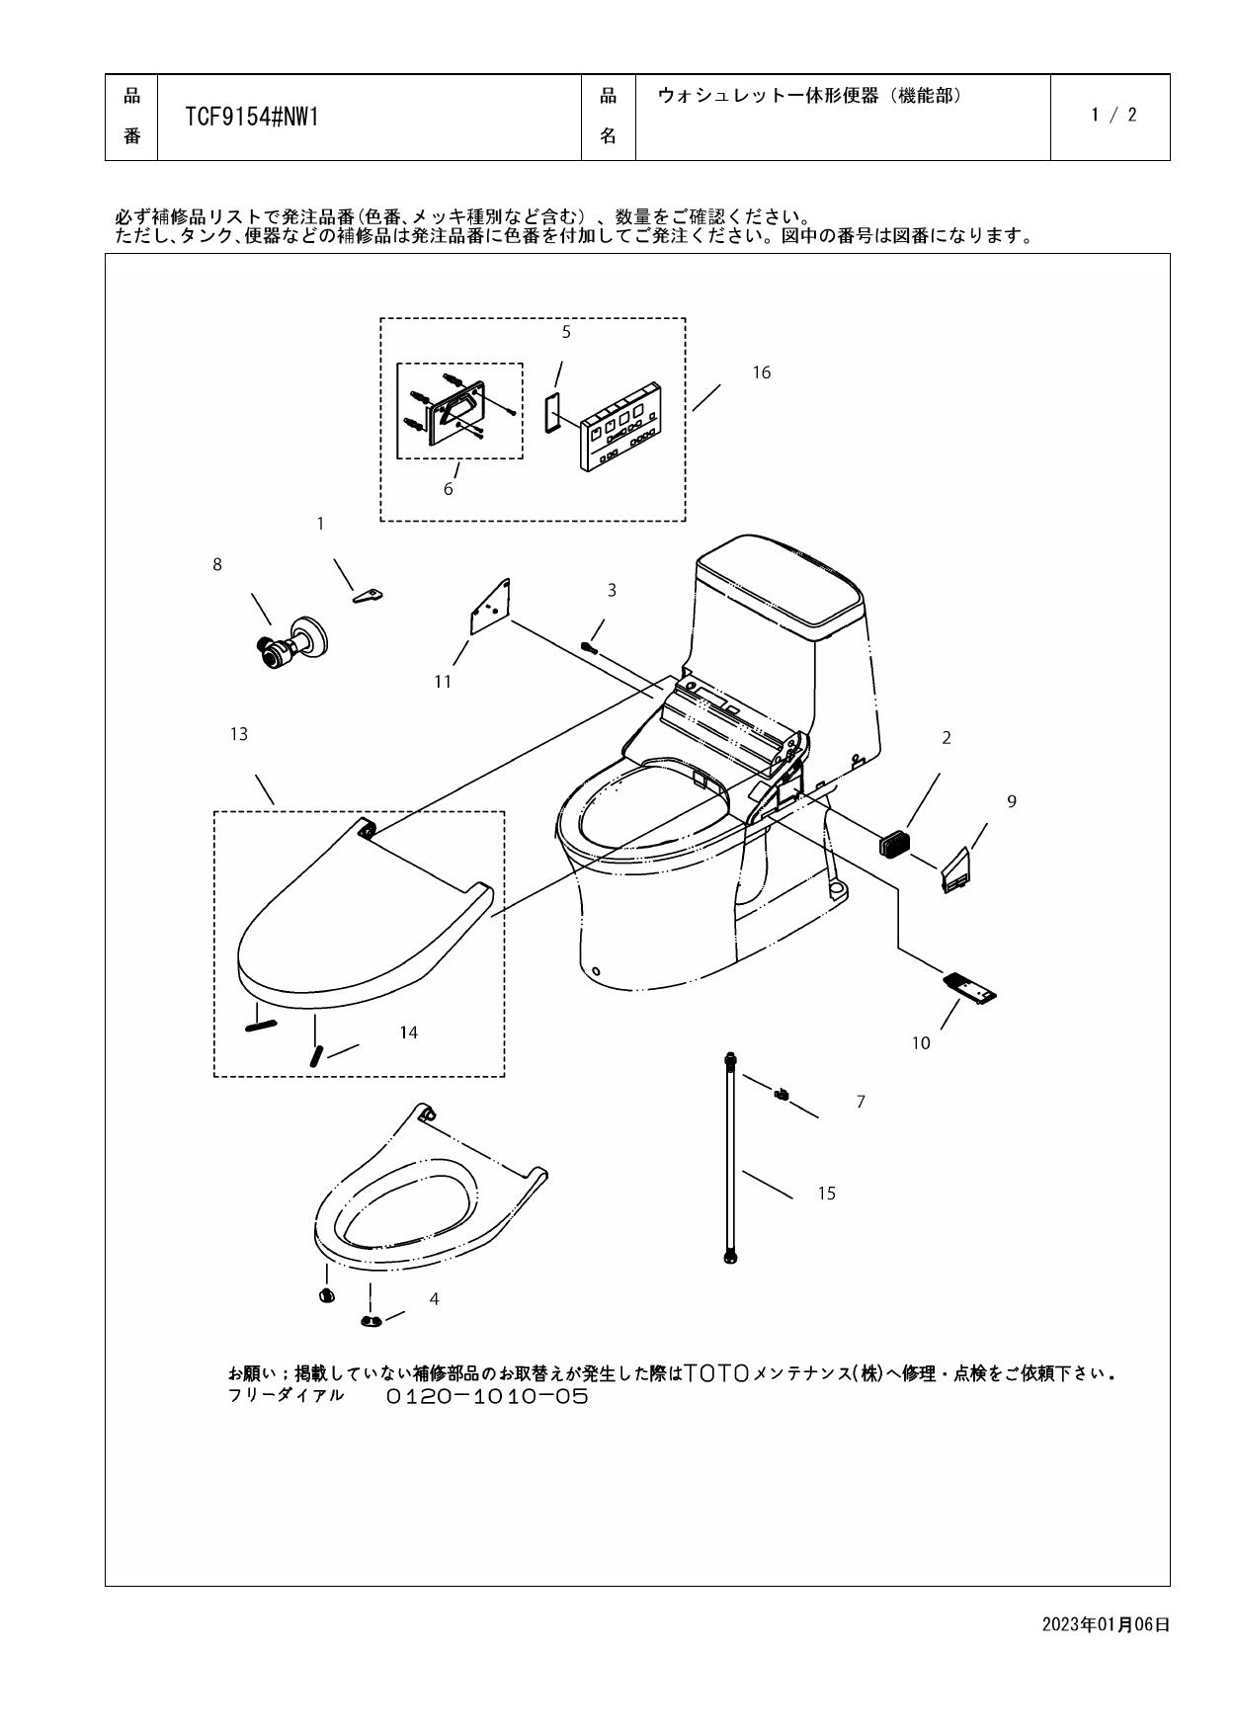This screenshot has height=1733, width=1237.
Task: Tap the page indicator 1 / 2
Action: pos(1113,115)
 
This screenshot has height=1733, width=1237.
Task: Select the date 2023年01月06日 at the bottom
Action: pos(1106,1624)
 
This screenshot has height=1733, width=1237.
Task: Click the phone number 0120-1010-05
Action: pos(486,1396)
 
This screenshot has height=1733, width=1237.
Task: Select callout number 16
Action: pos(761,372)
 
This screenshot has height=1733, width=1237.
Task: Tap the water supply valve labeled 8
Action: pos(289,644)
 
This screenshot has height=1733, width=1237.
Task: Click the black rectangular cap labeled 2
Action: pos(893,843)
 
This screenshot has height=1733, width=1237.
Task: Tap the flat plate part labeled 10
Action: pos(970,987)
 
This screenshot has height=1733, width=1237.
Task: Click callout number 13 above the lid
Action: pos(238,734)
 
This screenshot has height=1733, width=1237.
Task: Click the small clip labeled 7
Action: pos(782,1094)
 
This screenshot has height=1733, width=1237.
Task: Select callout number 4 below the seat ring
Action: pos(434,1299)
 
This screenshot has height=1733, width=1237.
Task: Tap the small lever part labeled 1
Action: pos(369,595)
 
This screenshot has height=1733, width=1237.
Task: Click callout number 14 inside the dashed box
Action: pos(408,1032)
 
